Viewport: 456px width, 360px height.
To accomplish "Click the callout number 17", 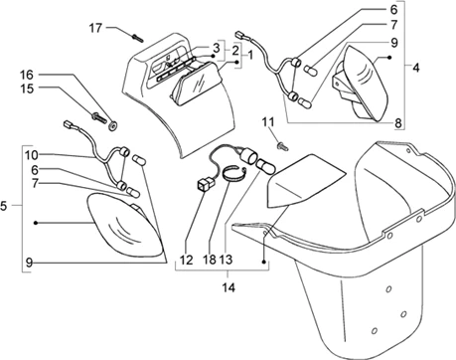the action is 95,29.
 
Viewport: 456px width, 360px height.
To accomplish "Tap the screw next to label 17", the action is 137,38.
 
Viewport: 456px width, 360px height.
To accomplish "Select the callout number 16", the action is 27,75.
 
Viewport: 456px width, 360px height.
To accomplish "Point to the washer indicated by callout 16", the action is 113,126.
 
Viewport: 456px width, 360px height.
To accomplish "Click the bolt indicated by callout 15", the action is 98,117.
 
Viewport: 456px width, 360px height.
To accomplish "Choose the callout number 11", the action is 268,122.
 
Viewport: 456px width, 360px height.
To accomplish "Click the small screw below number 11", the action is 282,146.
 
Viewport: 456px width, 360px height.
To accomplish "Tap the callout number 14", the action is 228,287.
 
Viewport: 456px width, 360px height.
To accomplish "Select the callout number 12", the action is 187,261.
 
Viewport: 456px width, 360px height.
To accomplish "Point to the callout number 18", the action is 210,261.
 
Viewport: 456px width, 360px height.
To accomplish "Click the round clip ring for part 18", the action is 234,174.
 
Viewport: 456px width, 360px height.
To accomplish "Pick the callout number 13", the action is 226,261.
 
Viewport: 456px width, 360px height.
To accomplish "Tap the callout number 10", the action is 31,155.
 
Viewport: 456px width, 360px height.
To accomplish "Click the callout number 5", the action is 3,206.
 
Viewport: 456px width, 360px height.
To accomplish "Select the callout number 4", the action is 416,68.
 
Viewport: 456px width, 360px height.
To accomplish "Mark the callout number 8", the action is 398,123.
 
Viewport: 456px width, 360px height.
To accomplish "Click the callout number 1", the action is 250,55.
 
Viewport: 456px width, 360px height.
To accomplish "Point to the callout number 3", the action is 217,48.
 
